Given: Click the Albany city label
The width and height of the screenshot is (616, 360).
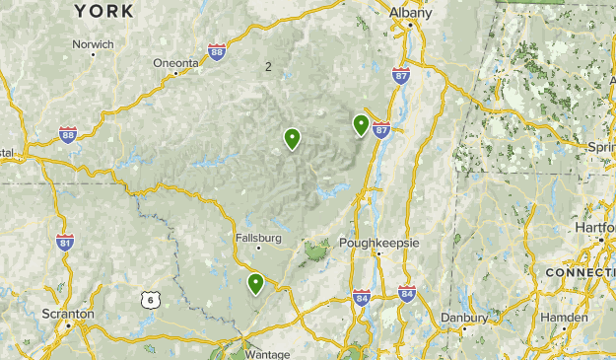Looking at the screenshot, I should tap(410, 13).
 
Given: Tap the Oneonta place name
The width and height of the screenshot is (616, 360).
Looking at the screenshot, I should tap(175, 63).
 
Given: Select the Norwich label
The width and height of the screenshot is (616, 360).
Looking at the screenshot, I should tap(94, 44).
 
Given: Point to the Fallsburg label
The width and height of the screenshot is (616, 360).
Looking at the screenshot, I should tap(259, 238).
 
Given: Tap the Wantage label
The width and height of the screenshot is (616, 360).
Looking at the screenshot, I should tap(268, 354).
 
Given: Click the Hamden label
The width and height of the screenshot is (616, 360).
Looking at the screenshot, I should tap(565, 318).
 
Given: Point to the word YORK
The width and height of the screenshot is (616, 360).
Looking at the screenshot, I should tap(103, 11).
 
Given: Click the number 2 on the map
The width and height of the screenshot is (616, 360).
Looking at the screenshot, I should tap(267, 66).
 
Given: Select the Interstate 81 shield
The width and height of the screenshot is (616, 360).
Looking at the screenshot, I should tap(65, 242).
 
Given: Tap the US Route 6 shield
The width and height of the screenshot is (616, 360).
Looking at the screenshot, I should tap(148, 299).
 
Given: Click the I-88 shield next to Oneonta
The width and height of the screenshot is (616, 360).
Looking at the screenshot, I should tap(217, 54).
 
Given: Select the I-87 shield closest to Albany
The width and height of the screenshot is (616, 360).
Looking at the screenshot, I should tap(401, 75).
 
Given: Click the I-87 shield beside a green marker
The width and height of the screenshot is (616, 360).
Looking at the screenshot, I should tap(381, 128).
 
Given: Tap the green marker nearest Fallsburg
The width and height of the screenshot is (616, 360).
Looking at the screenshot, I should tap(255, 284).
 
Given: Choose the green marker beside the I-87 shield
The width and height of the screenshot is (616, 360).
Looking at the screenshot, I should tap(362, 124).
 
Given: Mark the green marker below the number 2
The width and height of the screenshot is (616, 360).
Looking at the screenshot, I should tap(292, 138).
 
